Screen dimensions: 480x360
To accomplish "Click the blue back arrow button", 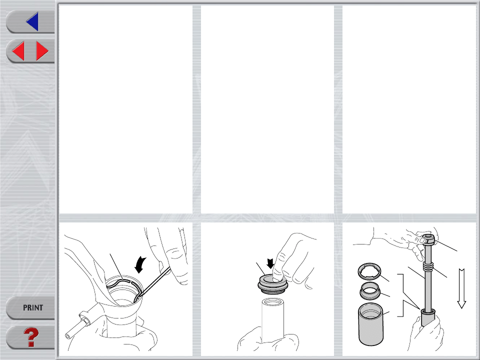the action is click(32, 21).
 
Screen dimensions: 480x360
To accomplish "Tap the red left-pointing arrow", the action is click(18, 51).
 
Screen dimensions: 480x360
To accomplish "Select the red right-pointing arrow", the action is click(42, 51).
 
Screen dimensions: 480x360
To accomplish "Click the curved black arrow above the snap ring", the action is click(140, 265).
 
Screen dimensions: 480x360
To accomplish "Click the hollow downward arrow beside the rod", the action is click(461, 288).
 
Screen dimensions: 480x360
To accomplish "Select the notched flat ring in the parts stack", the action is click(369, 271).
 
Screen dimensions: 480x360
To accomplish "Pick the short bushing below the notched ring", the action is click(370, 290).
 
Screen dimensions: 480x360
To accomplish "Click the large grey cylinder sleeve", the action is click(370, 324).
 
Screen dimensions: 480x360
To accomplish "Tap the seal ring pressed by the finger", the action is click(272, 284).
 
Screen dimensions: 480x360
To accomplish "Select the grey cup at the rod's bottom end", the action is click(427, 317).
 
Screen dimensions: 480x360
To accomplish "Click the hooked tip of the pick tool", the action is click(137, 298).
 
